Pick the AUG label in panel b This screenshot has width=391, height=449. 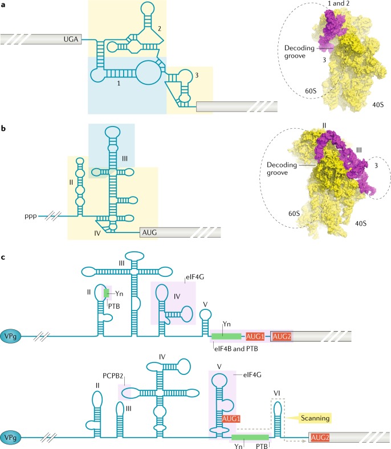150,232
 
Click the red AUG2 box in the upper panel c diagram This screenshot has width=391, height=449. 283,336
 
